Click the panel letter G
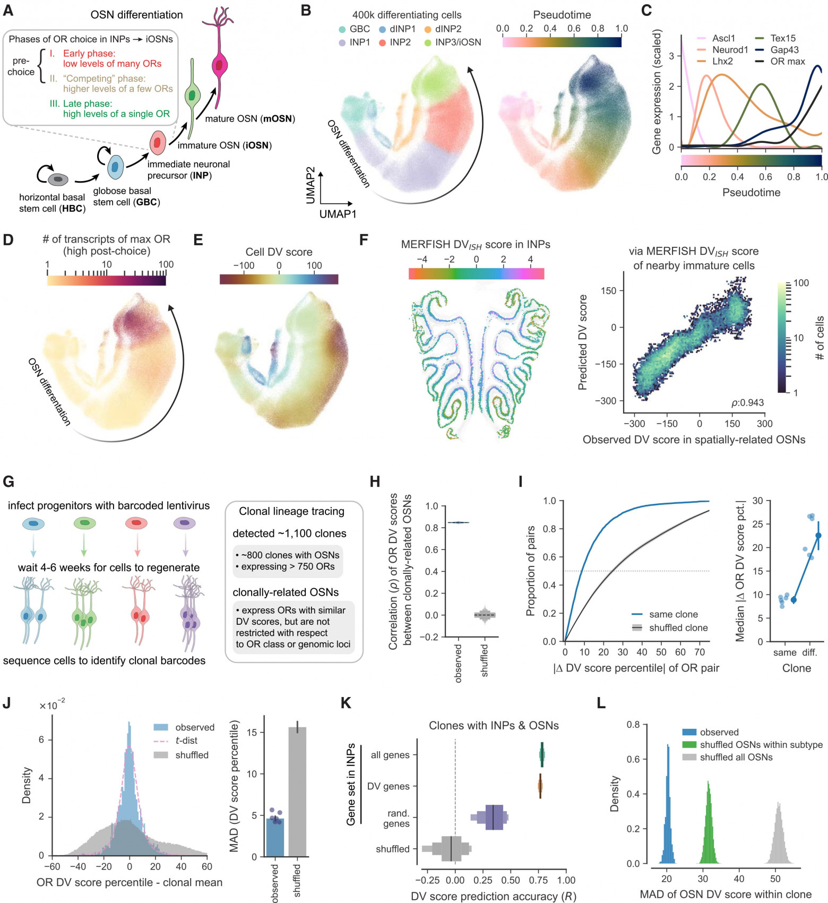(x=8, y=481)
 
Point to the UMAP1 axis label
(x=338, y=214)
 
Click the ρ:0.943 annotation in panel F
(x=747, y=402)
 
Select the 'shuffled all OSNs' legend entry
(x=727, y=757)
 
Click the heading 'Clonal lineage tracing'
(x=291, y=511)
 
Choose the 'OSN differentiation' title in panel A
(x=136, y=15)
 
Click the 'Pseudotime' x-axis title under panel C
(x=751, y=193)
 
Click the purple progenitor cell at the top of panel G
(x=185, y=524)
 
